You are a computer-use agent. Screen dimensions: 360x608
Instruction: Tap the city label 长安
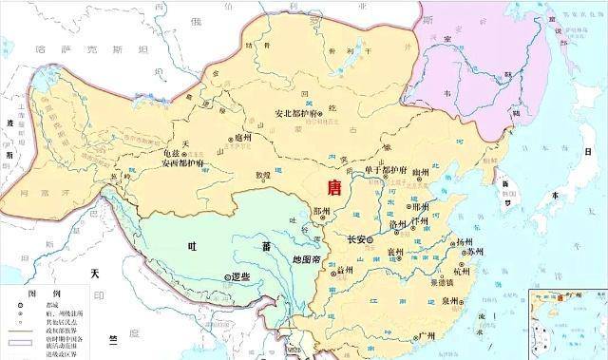pyautogui.click(x=357, y=239)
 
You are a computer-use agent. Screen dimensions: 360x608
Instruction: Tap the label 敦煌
pyautogui.click(x=259, y=175)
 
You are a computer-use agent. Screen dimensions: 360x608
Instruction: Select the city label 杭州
pyautogui.click(x=462, y=271)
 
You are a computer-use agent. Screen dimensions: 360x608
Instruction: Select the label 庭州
pyautogui.click(x=244, y=137)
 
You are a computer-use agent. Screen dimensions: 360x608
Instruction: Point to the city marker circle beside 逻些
pyautogui.click(x=227, y=277)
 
